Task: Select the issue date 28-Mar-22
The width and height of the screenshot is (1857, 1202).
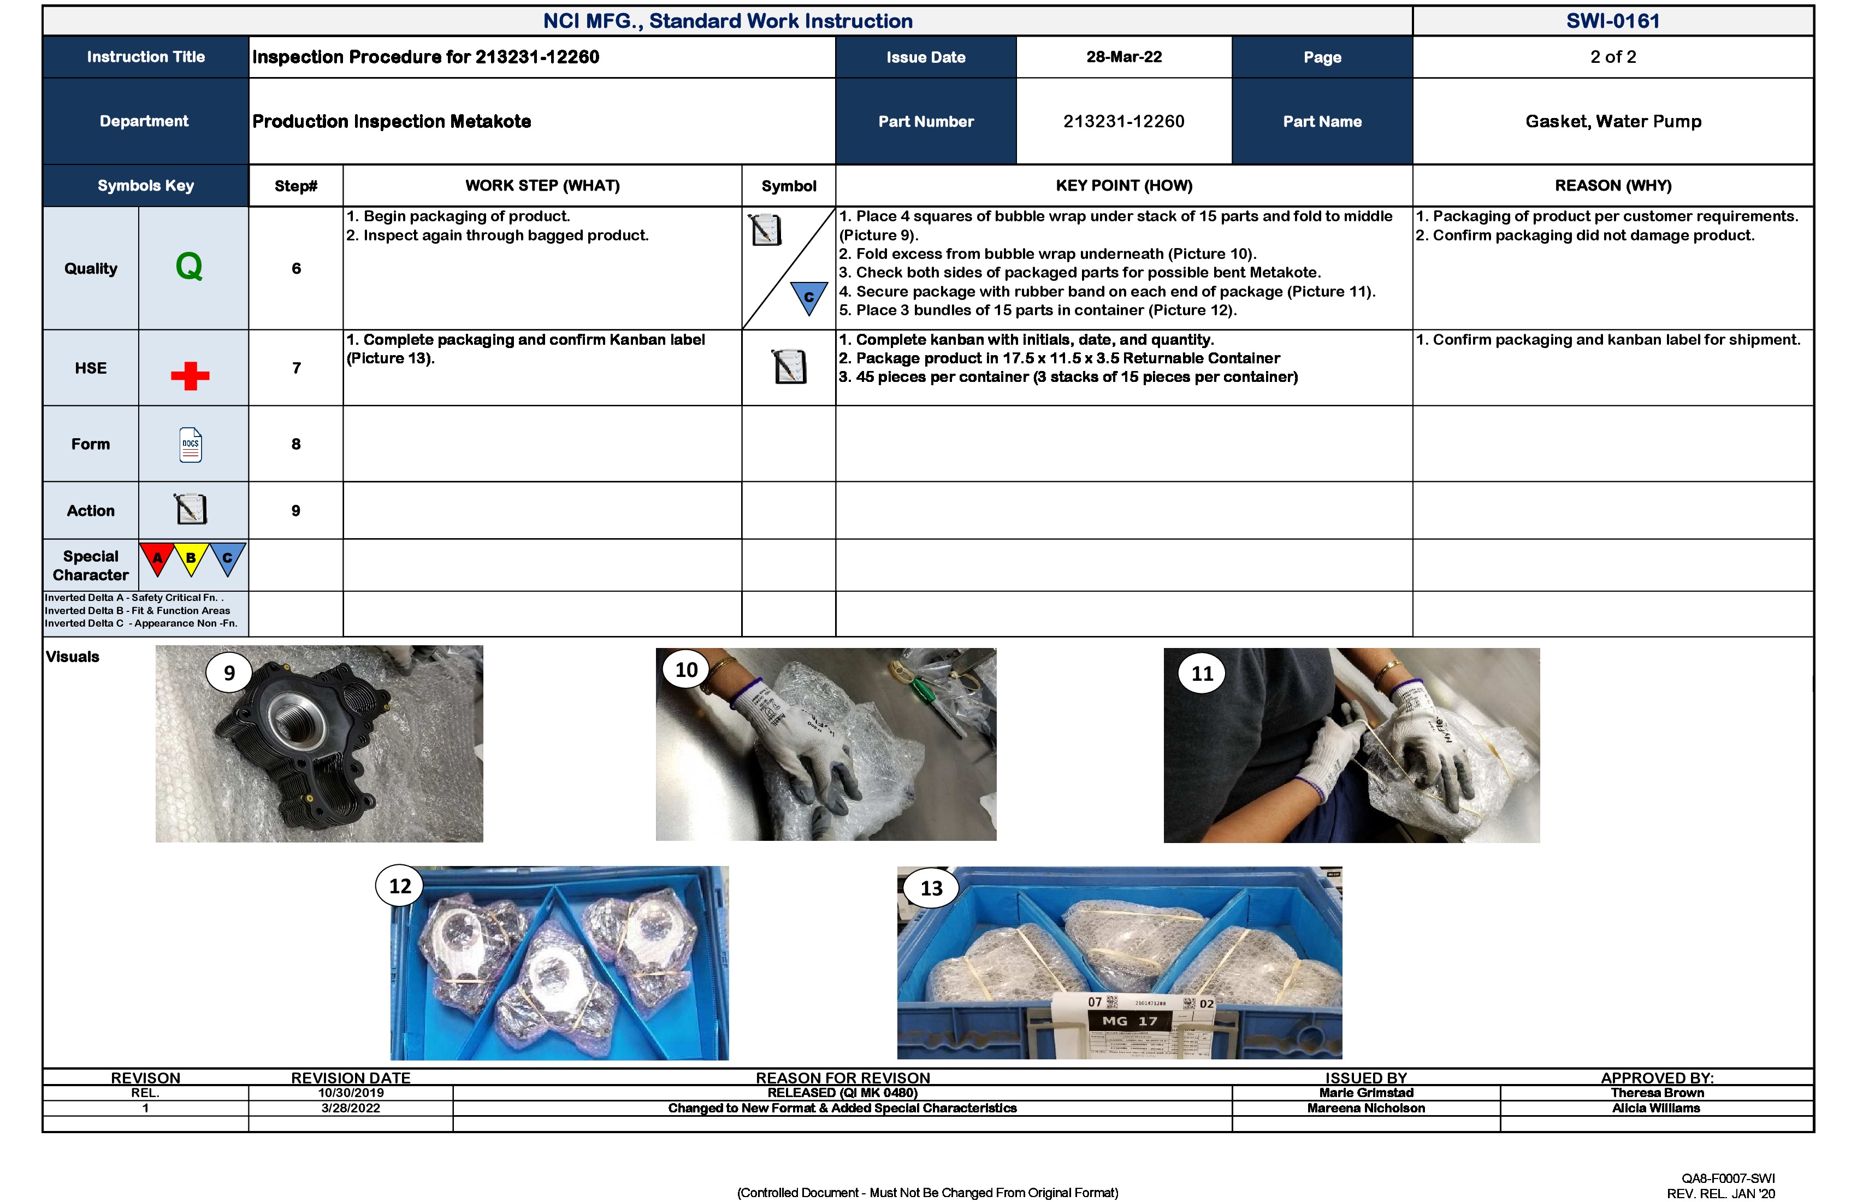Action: [x=1123, y=57]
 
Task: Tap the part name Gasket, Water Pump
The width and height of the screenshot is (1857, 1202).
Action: [x=1613, y=121]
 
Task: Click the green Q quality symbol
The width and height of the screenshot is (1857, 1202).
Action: [x=189, y=267]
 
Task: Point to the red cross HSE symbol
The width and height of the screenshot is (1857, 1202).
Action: [x=190, y=375]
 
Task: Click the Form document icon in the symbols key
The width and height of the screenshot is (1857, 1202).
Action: [x=191, y=445]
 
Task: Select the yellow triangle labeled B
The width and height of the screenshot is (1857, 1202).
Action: [x=191, y=558]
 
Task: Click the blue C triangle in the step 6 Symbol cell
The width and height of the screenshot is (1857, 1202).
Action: [x=808, y=297]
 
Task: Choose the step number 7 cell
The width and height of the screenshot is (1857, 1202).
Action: [x=295, y=368]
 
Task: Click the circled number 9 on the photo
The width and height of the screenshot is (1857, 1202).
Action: [x=229, y=673]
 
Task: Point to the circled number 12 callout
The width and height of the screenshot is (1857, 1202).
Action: [x=399, y=886]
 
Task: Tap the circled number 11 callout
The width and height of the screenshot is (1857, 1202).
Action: [x=1202, y=673]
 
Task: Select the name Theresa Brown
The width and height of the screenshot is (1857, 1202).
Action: [x=1657, y=1093]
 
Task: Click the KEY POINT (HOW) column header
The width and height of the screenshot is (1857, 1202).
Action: [x=1123, y=186]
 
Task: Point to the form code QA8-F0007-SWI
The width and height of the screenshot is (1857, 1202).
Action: [x=1728, y=1178]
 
